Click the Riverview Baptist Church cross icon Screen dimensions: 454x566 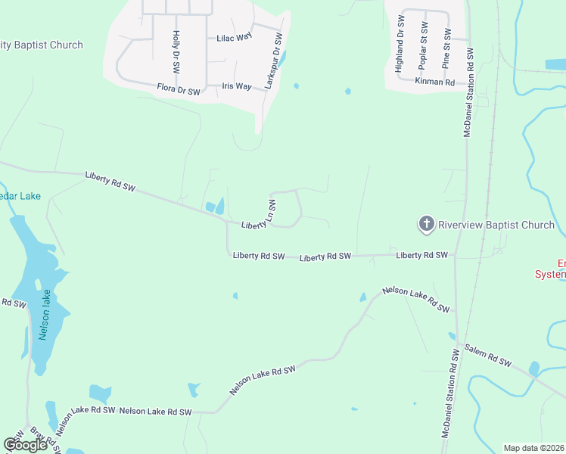point(426,224)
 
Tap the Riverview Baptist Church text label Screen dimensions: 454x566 point(496,225)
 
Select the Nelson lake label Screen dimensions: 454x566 point(45,314)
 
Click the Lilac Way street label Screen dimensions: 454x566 point(234,37)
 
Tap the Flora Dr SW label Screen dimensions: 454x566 point(179,91)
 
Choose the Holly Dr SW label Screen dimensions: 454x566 point(176,51)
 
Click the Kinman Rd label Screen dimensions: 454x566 point(434,80)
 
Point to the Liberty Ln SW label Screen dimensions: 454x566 point(259,215)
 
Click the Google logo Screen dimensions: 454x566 point(25,445)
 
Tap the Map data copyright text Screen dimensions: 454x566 point(533,448)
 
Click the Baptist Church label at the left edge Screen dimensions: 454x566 point(41,45)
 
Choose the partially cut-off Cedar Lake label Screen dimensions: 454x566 point(20,196)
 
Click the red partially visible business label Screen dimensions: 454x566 point(550,269)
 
